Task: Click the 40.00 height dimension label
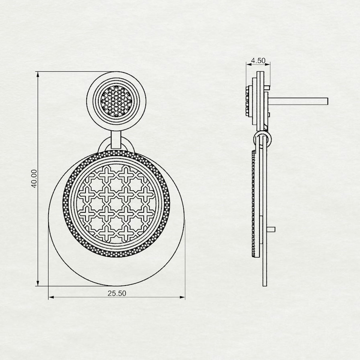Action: coord(34,178)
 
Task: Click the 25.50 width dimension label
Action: coord(117,293)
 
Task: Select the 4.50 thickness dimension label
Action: coord(258,61)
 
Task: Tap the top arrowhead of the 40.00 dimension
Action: coord(38,74)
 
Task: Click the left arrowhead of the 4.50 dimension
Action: coord(249,64)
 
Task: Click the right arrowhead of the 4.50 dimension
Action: coord(268,64)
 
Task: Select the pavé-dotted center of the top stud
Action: coord(116,101)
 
